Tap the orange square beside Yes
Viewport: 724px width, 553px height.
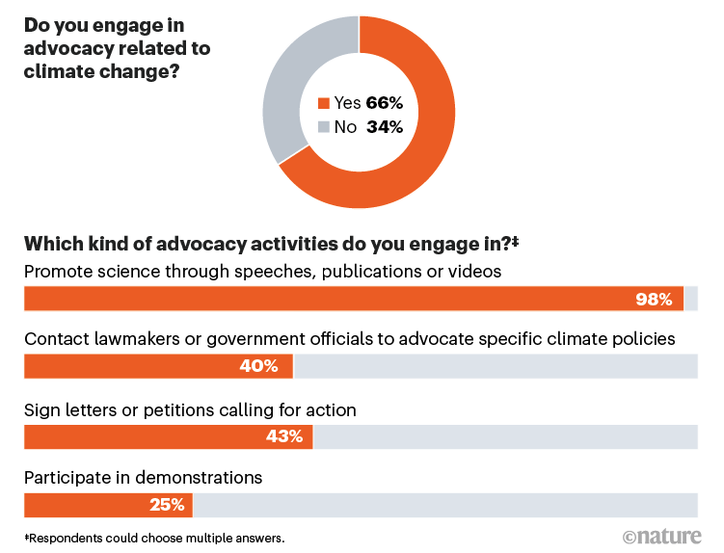coord(322,102)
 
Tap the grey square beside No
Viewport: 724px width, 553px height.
coord(322,126)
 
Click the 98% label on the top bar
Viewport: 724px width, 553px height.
coord(654,299)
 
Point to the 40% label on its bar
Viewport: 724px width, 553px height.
coord(259,366)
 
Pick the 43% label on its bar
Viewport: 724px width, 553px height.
coord(283,436)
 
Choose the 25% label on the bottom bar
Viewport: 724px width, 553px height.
coord(165,505)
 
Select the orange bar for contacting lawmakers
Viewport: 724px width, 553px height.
coord(125,366)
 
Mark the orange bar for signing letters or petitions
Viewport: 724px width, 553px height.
coord(135,436)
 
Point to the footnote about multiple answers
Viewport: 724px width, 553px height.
coord(154,537)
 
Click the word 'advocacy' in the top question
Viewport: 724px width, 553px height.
coord(65,47)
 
